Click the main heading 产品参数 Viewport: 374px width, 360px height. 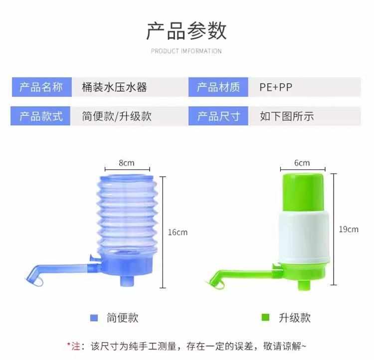coord(186,31)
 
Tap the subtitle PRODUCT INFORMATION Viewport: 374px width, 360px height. coord(186,51)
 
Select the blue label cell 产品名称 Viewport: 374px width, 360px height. coord(41,87)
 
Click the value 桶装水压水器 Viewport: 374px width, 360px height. coord(114,87)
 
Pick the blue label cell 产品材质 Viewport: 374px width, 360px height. coord(218,87)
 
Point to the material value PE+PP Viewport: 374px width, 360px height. coord(276,87)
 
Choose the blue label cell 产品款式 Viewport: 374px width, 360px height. coord(41,116)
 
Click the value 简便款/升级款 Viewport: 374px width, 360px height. coord(117,116)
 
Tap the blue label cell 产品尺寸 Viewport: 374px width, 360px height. coord(218,116)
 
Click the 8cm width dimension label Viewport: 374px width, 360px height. coord(127,163)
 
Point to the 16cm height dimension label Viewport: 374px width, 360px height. coord(178,232)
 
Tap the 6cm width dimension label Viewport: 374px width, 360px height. coord(302,163)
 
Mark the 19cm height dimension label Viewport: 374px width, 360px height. coord(349,229)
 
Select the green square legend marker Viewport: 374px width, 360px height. coord(265,318)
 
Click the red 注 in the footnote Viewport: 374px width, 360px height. coord(75,345)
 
